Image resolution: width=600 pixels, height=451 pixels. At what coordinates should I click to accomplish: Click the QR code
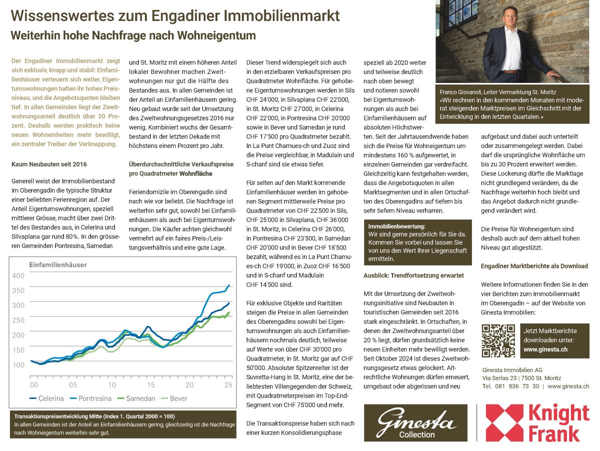coord(497,340)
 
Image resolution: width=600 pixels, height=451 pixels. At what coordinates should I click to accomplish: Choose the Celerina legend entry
coord(46,398)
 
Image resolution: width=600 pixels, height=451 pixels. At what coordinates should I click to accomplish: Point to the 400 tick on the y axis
coord(18,275)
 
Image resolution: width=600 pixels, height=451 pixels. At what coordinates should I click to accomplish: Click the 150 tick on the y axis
coord(18,350)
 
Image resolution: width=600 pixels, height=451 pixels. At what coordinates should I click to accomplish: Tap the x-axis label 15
coord(150,385)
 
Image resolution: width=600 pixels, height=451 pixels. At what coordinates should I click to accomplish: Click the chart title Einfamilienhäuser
coord(58,264)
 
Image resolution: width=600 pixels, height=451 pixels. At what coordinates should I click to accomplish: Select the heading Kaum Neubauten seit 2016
coord(49,164)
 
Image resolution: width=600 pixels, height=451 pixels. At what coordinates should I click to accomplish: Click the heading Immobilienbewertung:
coord(396,226)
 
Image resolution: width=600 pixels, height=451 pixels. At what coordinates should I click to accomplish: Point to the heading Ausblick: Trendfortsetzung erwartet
coord(413,275)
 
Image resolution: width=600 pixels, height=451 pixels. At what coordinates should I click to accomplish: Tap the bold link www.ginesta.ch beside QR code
coord(545,349)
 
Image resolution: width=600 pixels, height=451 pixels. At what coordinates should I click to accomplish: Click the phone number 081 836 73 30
coord(517,386)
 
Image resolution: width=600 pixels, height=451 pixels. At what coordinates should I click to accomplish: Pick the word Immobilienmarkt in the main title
coord(282,16)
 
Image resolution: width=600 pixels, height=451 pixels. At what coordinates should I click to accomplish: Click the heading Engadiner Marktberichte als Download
coord(534,266)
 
